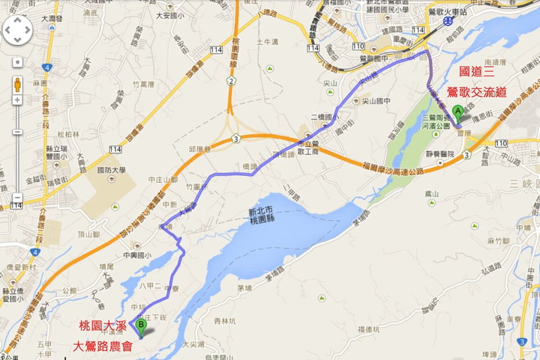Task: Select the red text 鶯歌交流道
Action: (476, 92)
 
